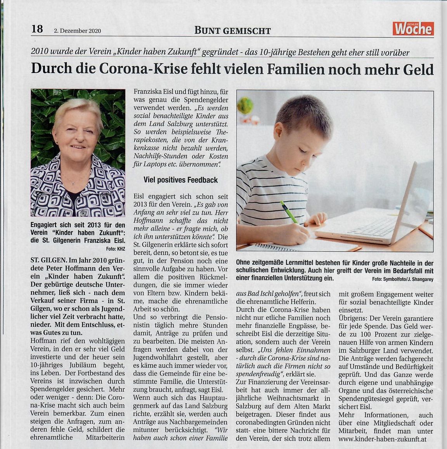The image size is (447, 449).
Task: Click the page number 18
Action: (37, 29)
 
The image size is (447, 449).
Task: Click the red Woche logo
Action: (413, 29)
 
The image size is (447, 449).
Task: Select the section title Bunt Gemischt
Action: (232, 30)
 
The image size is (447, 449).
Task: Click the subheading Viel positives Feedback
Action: (180, 180)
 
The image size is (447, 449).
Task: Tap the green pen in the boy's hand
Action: (289, 212)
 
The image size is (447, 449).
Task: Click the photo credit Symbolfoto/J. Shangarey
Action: (402, 279)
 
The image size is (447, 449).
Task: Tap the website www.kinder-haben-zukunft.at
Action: (383, 439)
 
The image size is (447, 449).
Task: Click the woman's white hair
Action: (78, 107)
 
